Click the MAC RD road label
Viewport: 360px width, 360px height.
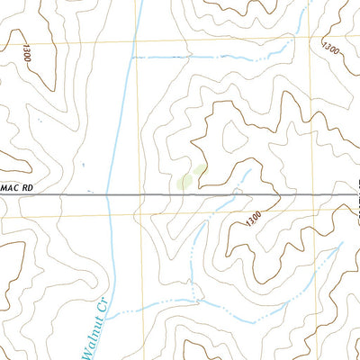coord(17,186)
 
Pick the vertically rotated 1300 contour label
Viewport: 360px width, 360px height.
coord(26,51)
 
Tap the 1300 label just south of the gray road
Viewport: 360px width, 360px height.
coord(251,218)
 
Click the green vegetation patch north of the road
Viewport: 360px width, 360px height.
coord(190,178)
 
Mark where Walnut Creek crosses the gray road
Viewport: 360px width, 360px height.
coord(107,193)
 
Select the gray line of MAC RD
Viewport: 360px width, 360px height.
coord(180,193)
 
